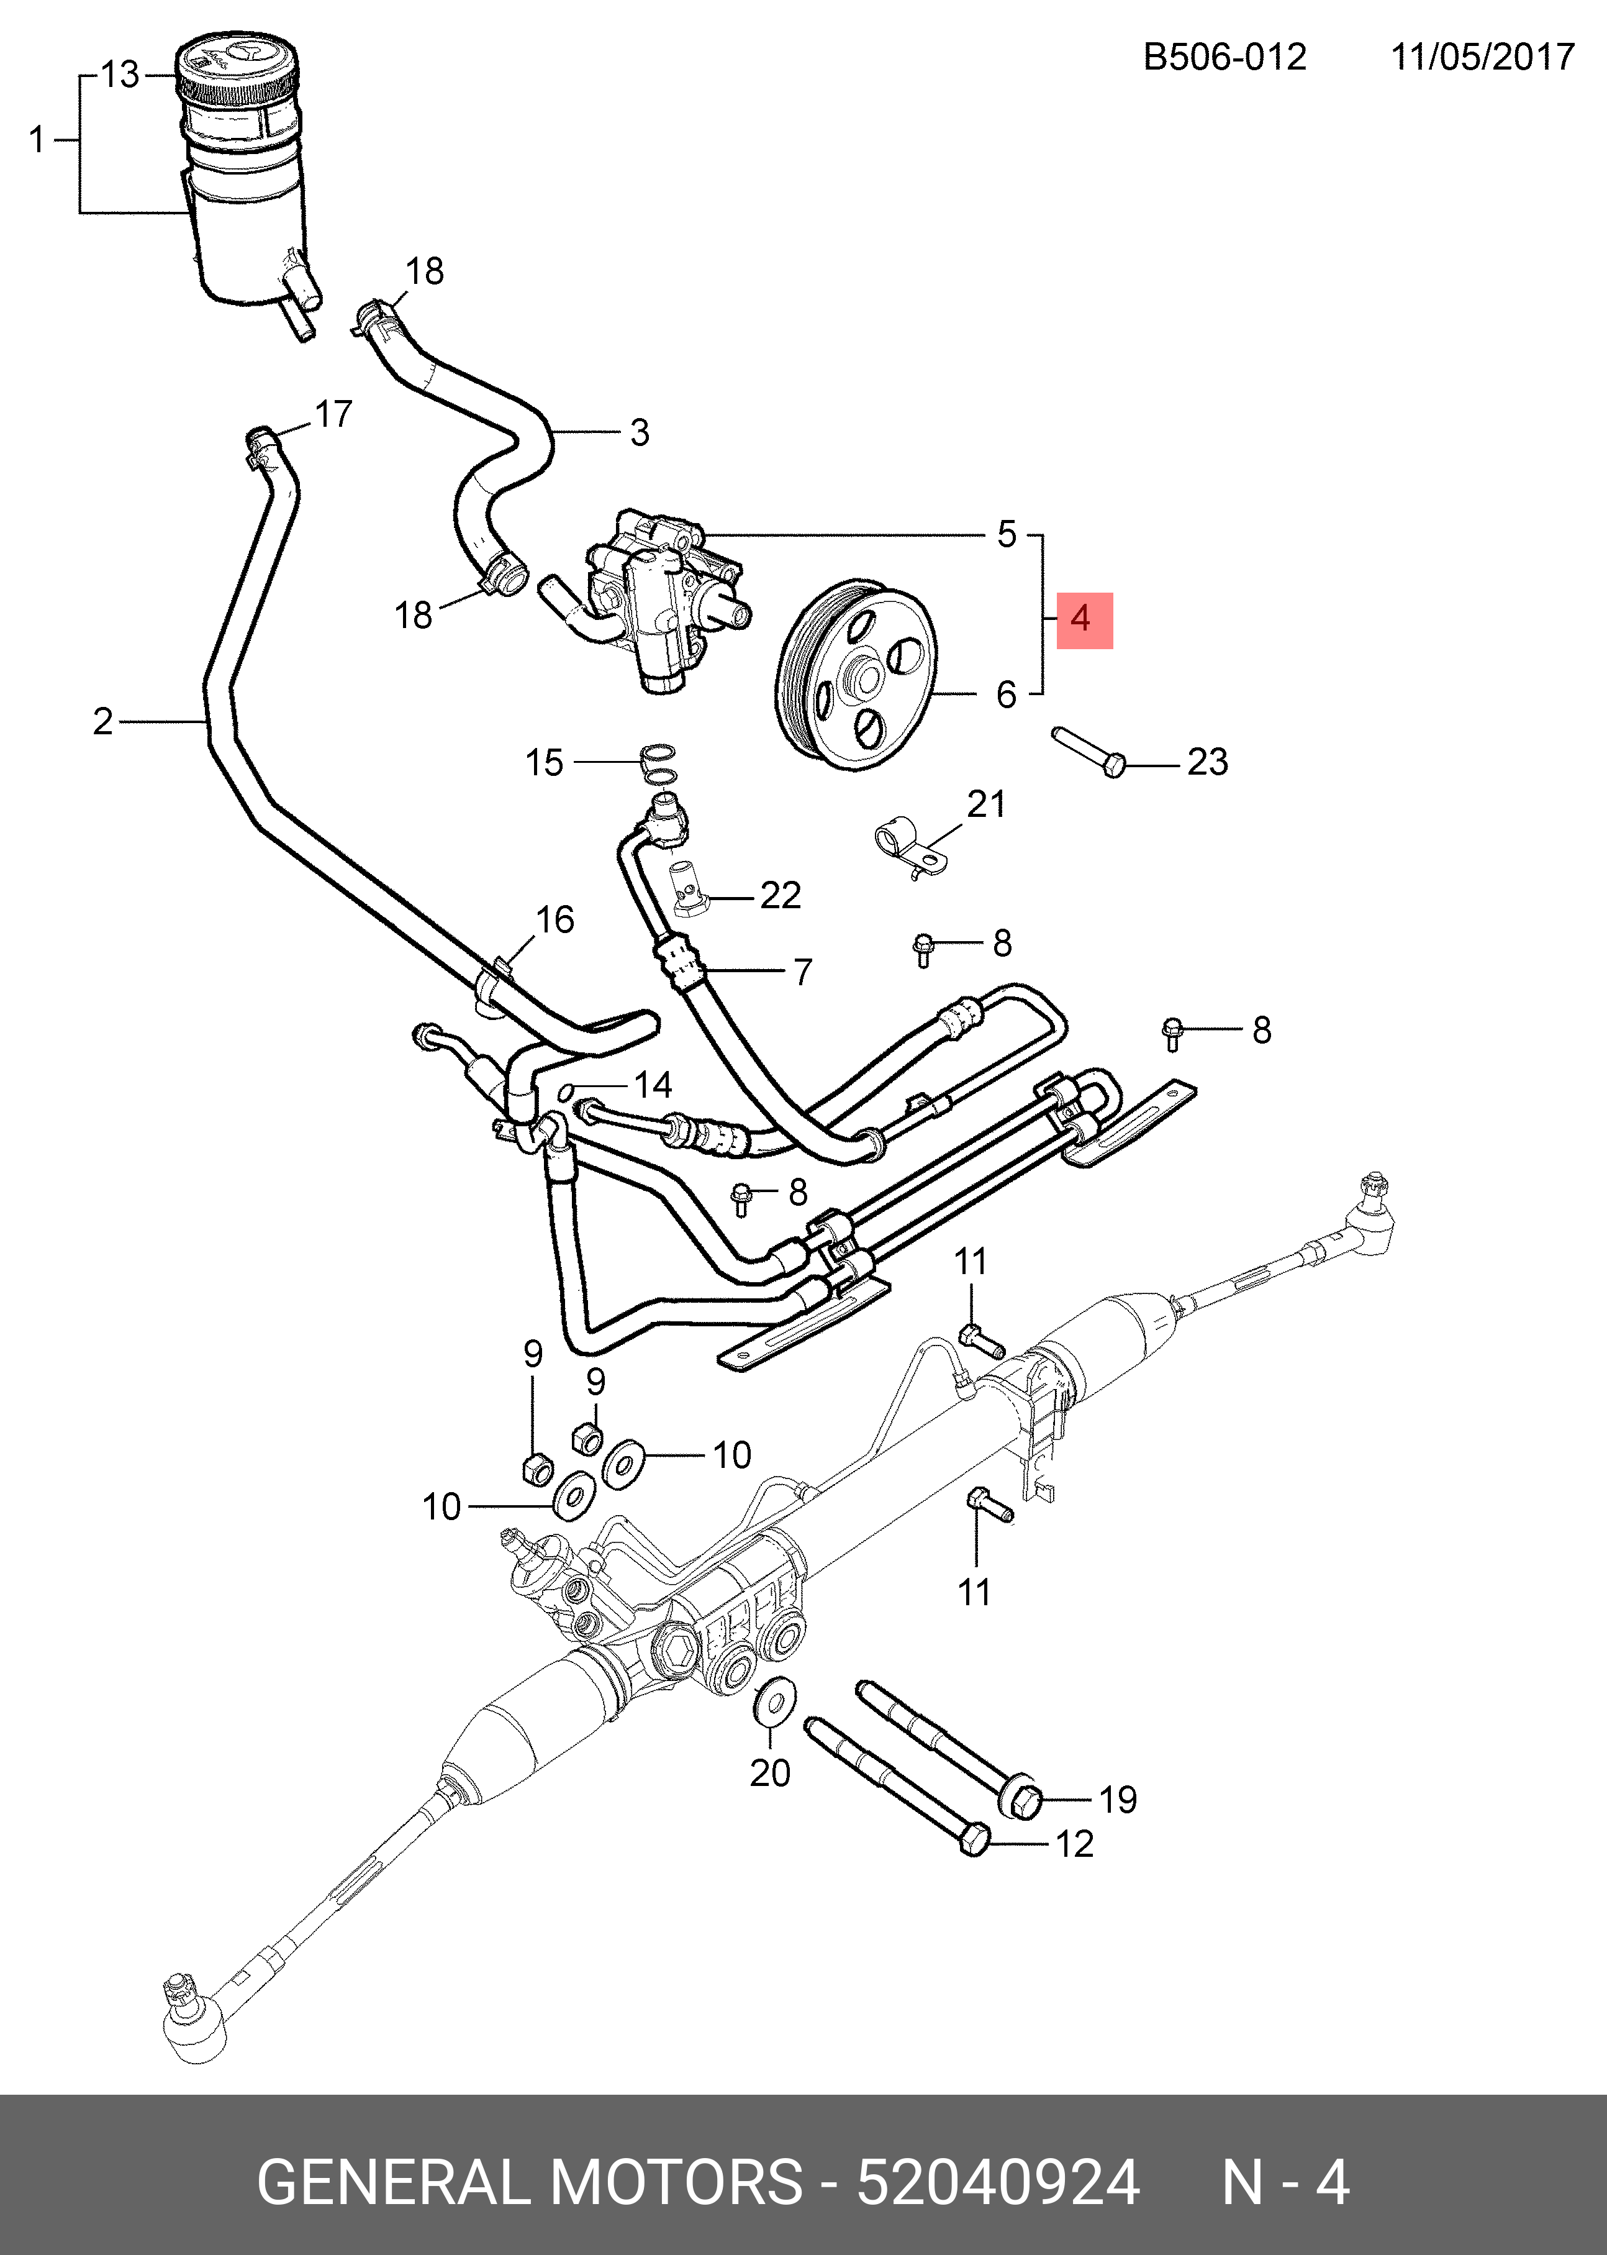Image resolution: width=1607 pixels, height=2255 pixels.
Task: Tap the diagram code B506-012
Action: (x=1225, y=57)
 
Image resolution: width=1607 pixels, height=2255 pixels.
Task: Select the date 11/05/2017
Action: (x=1482, y=57)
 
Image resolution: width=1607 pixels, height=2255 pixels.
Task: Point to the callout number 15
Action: (x=544, y=762)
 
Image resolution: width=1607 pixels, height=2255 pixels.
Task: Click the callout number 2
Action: (x=103, y=722)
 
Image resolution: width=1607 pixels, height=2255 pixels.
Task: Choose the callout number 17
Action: (x=333, y=414)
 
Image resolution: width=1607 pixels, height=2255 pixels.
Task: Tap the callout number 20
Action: (x=770, y=1800)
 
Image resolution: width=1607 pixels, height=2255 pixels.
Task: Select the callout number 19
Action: (x=1118, y=1798)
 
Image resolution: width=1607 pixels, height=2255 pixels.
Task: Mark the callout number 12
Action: (x=1075, y=1843)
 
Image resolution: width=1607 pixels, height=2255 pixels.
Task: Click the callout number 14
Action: (x=653, y=1085)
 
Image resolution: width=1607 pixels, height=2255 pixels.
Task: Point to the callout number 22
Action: (x=781, y=895)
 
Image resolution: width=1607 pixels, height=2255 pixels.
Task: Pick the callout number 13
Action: (x=120, y=75)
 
